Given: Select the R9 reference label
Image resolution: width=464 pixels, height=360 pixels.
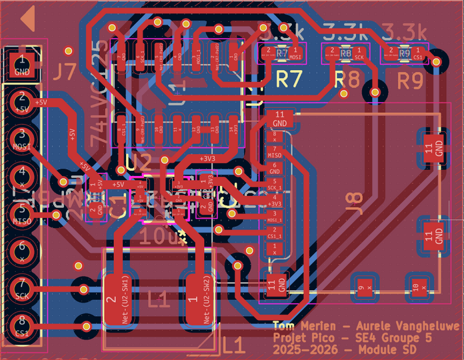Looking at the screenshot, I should click(x=411, y=81).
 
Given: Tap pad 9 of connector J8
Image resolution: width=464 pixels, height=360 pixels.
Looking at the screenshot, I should click(x=361, y=287).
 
